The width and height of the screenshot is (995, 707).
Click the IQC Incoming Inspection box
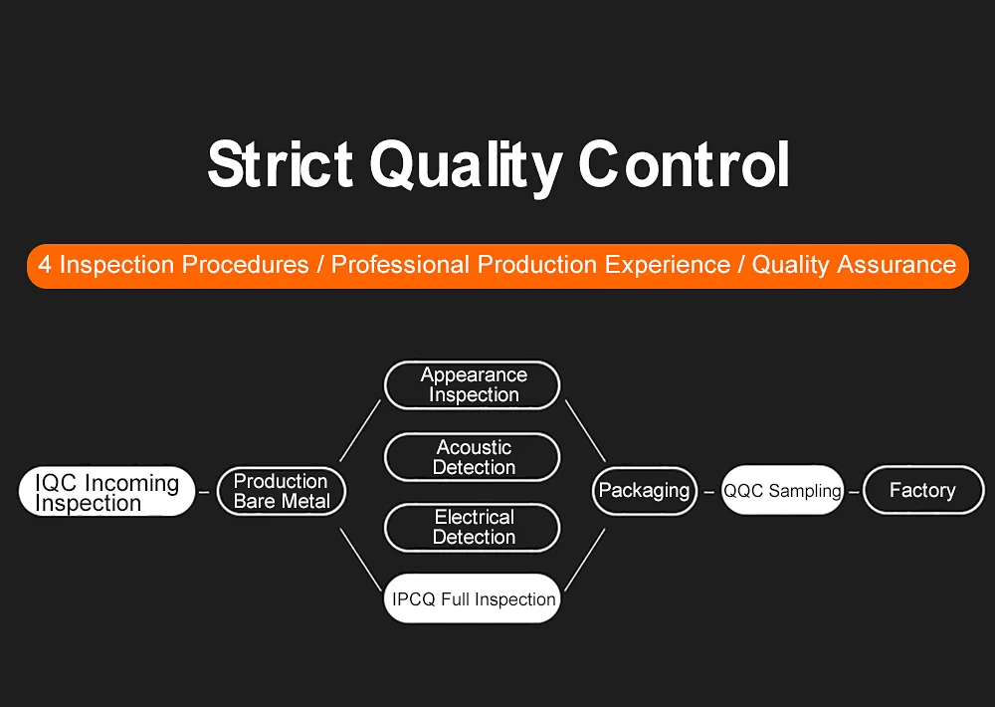pyautogui.click(x=107, y=492)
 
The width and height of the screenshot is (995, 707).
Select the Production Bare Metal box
pyautogui.click(x=282, y=492)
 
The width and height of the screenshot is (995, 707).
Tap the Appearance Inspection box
pyautogui.click(x=473, y=385)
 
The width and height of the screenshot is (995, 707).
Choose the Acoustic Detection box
pyautogui.click(x=473, y=457)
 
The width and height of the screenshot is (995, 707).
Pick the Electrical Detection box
pyautogui.click(x=473, y=527)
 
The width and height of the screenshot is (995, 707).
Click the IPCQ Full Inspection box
pyautogui.click(x=473, y=598)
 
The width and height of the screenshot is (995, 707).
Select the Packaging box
pyautogui.click(x=645, y=491)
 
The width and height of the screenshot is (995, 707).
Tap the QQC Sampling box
pyautogui.click(x=782, y=491)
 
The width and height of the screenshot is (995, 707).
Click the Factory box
pyautogui.click(x=922, y=491)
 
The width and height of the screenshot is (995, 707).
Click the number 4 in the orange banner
pyautogui.click(x=45, y=265)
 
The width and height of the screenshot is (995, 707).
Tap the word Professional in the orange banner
pyautogui.click(x=400, y=265)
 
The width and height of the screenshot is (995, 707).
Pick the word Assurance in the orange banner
pyautogui.click(x=893, y=265)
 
